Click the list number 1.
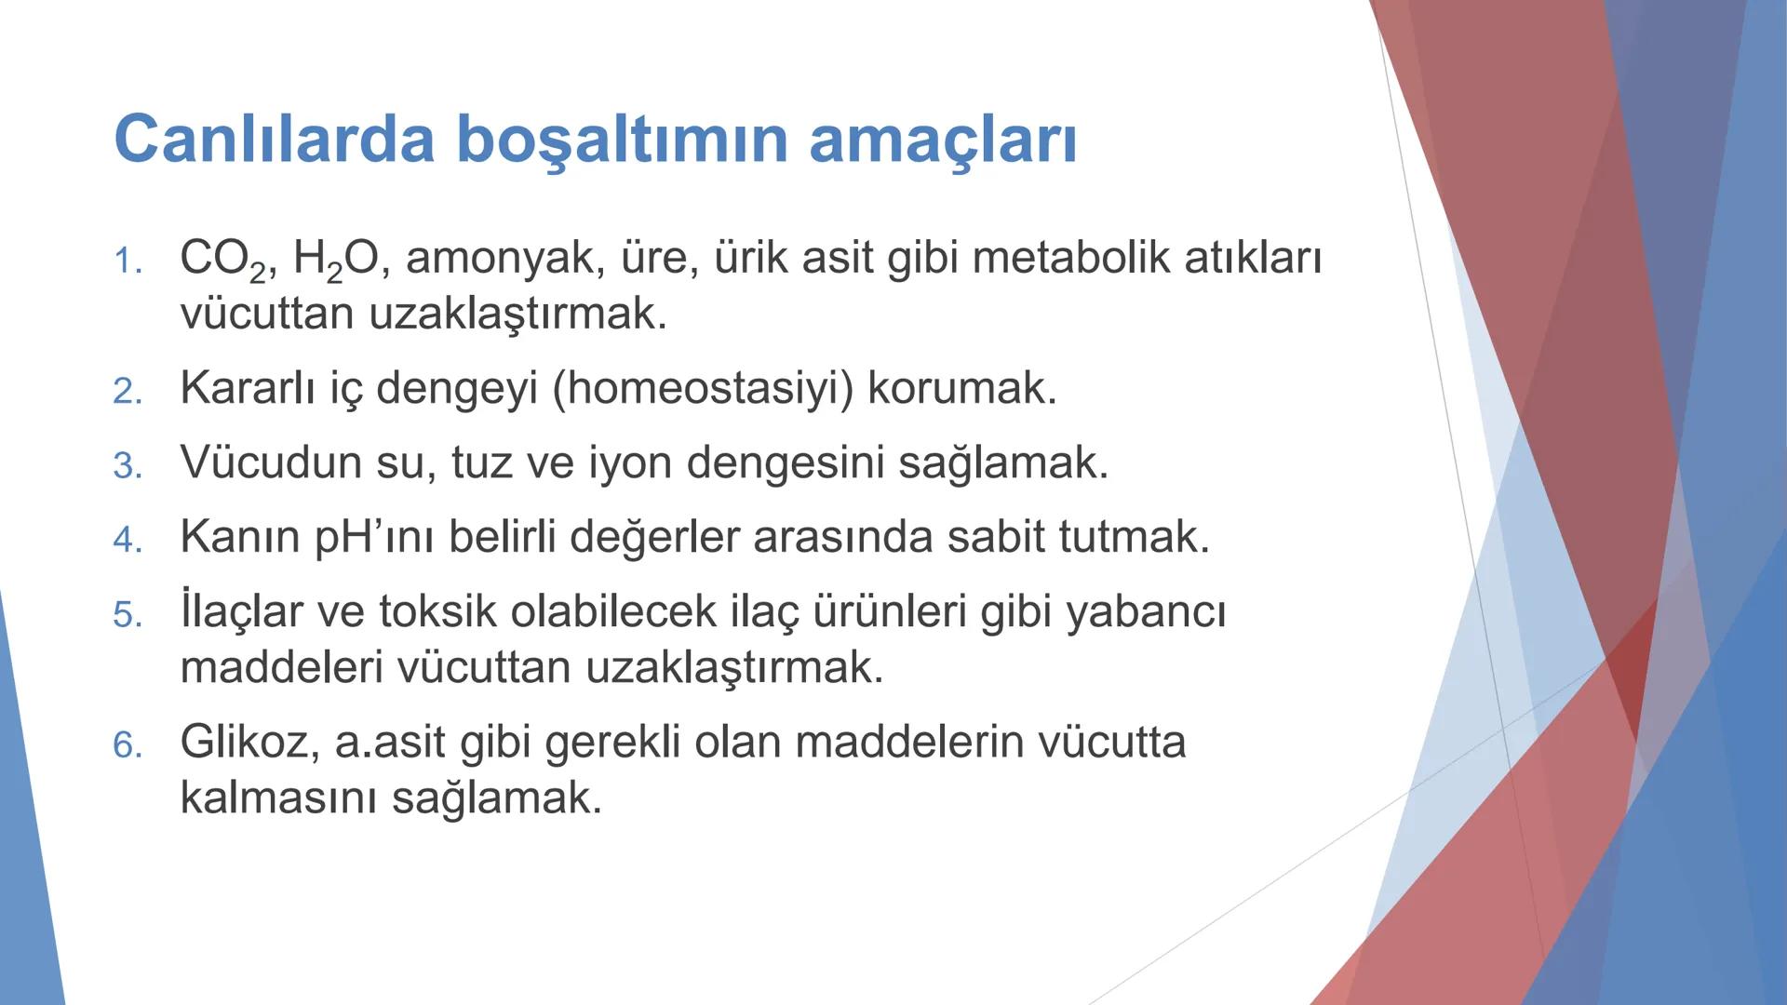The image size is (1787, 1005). click(127, 261)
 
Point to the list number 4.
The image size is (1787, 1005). click(127, 540)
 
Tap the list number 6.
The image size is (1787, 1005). click(127, 745)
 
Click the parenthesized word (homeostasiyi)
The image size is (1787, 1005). click(703, 388)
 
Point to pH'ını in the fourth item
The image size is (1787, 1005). click(374, 537)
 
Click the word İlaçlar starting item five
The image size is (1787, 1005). click(241, 611)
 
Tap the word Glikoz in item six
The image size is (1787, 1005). click(243, 743)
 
